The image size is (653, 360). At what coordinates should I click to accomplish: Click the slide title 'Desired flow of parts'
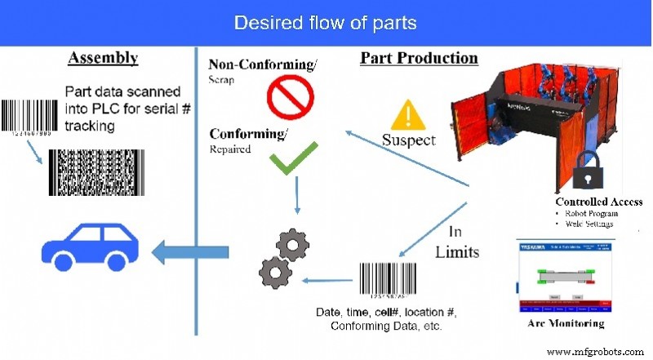coord(326,22)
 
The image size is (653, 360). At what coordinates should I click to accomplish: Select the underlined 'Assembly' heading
coord(103,58)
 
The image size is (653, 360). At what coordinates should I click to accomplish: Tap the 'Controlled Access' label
coord(599,202)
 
